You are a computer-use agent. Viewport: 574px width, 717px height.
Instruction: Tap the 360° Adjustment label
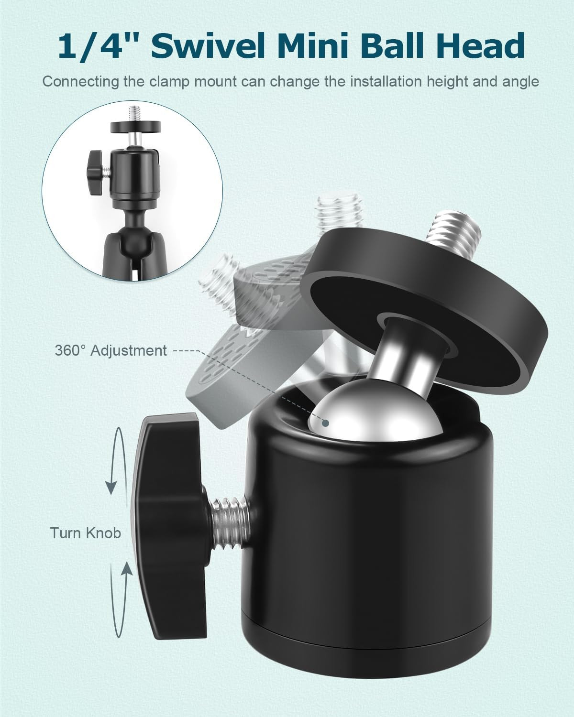(110, 350)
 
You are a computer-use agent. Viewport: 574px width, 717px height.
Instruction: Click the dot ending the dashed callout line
(326, 423)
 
